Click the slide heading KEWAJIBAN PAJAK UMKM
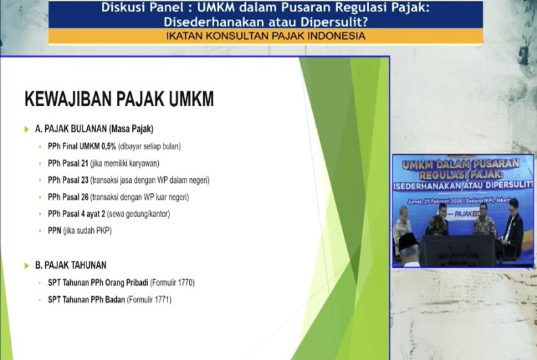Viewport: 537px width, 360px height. click(119, 99)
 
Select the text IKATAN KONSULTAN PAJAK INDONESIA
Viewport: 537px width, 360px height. click(265, 36)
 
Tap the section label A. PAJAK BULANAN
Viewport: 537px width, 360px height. click(94, 128)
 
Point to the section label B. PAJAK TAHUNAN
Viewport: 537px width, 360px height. click(70, 265)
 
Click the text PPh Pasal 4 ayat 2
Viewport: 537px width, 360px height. click(76, 214)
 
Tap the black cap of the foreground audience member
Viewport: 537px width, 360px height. click(409, 240)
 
